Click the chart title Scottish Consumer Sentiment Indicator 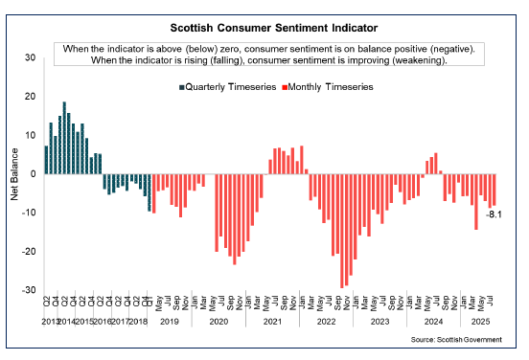(x=264, y=30)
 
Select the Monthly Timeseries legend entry (x=330, y=86)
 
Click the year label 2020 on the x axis (x=218, y=323)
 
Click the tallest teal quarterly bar (x=64, y=138)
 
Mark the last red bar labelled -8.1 (x=494, y=190)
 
